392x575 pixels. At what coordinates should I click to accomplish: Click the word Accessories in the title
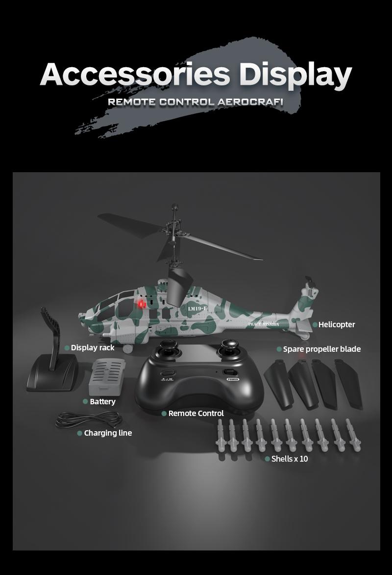135,75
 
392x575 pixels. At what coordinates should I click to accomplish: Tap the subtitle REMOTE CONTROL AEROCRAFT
196,103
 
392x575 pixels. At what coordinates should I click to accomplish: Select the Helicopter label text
337,324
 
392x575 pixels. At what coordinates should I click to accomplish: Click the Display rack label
93,347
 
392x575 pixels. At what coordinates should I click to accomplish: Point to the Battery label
102,401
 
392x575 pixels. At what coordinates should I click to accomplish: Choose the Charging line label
108,433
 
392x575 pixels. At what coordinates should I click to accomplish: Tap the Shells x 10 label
290,459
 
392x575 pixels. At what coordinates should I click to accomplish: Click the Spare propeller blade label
321,349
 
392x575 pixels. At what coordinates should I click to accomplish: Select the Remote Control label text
196,413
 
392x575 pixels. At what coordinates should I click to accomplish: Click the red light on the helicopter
142,304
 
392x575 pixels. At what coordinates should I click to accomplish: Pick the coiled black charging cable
89,419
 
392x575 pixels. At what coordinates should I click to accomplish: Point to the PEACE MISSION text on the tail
263,324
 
